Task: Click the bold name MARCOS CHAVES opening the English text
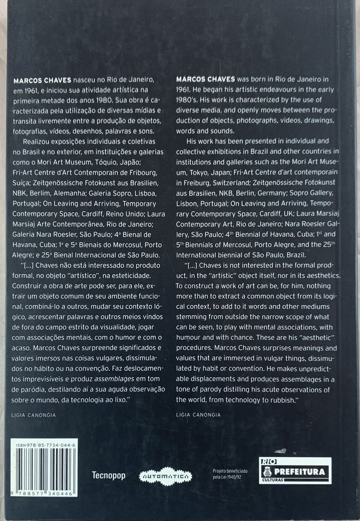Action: (x=205, y=79)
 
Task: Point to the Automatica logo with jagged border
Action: (x=165, y=476)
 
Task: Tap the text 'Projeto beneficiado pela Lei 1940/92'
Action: (x=230, y=475)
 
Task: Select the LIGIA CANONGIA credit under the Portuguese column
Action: (x=33, y=415)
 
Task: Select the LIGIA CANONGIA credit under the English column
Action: (x=199, y=415)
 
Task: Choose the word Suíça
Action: (x=20, y=184)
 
